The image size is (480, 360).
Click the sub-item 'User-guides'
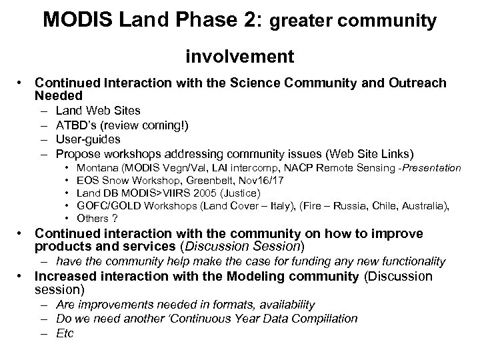88,139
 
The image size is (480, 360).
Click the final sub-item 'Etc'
65,333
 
